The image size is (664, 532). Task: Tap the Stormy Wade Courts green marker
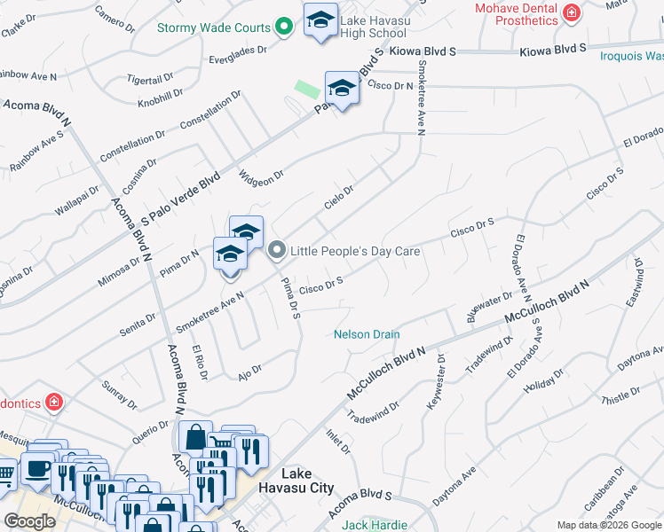tap(283, 27)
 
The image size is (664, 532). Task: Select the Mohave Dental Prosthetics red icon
tap(573, 12)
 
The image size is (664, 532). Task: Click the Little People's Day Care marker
tap(276, 251)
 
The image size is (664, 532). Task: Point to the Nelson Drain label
tap(367, 334)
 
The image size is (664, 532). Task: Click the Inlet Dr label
tap(339, 441)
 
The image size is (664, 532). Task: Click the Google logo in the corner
tap(29, 520)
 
